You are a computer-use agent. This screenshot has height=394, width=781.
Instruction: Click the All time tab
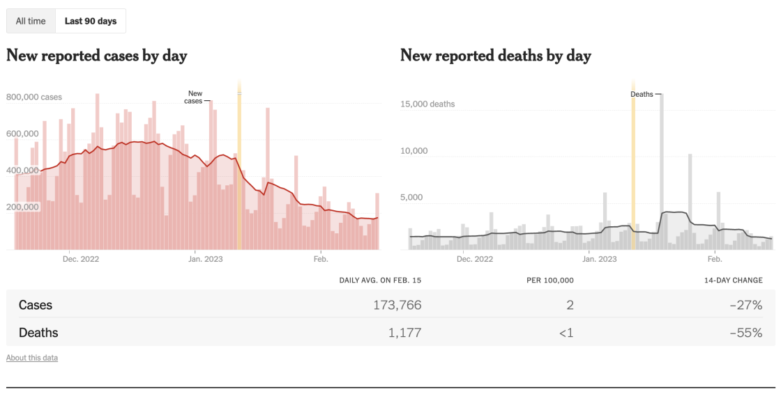[31, 21]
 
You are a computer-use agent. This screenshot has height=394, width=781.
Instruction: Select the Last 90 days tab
[91, 21]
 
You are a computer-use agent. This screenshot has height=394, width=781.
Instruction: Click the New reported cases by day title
[96, 56]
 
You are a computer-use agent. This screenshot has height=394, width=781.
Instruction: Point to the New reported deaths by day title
[495, 56]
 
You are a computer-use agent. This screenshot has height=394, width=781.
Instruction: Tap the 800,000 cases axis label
[34, 97]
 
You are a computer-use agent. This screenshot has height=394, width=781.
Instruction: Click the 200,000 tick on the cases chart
[22, 207]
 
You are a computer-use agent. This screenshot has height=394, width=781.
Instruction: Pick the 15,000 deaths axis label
[427, 104]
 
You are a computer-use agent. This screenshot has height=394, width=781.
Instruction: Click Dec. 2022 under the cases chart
[81, 259]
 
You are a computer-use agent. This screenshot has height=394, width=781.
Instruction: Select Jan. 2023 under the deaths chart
[599, 259]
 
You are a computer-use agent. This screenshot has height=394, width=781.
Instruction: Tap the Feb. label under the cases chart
[320, 259]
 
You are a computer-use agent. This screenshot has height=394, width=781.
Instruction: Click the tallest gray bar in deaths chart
[660, 171]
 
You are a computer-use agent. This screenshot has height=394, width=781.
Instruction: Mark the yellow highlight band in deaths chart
[633, 167]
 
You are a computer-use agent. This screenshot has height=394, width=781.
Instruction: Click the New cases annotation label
[195, 97]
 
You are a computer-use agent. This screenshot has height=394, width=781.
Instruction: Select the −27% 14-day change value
[748, 305]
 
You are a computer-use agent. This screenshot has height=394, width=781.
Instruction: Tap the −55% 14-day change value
[748, 333]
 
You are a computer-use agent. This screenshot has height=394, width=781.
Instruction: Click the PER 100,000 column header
[550, 281]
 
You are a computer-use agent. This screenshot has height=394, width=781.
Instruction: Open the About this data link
[32, 358]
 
